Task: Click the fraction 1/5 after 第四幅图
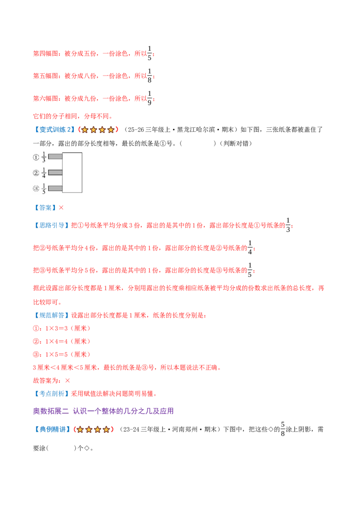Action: click(149, 53)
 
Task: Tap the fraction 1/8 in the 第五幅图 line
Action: click(149, 76)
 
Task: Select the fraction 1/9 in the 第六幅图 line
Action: click(149, 98)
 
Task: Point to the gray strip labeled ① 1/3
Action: click(55, 157)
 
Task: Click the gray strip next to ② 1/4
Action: click(55, 172)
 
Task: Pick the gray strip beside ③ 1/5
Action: click(55, 188)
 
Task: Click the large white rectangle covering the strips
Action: click(72, 173)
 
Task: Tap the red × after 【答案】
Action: click(61, 208)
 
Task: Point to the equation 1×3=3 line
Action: click(62, 329)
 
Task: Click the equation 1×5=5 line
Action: click(62, 354)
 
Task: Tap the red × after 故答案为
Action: click(67, 380)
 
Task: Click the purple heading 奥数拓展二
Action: click(51, 411)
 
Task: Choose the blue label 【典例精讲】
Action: click(52, 429)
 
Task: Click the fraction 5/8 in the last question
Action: click(283, 429)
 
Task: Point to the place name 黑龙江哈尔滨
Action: click(196, 130)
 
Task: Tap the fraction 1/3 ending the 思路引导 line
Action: click(288, 225)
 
